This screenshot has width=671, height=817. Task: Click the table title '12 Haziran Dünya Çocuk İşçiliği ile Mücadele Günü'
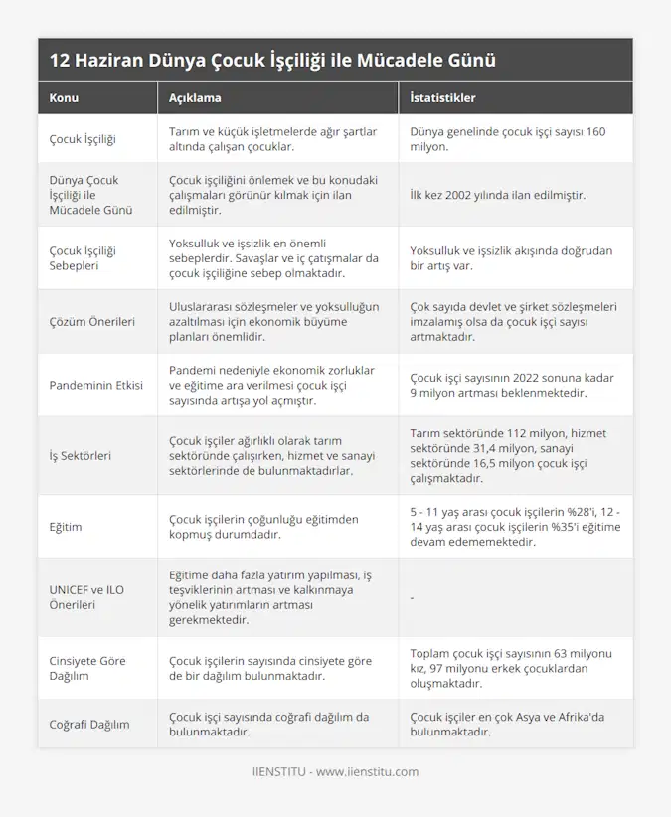[x=271, y=60]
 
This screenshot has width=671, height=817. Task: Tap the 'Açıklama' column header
[x=195, y=98]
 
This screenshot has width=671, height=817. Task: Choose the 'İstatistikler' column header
[x=442, y=98]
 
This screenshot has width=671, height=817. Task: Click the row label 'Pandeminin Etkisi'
[x=95, y=385]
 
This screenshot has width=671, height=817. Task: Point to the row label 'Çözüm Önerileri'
[x=90, y=321]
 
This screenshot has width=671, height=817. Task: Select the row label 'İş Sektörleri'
[x=80, y=455]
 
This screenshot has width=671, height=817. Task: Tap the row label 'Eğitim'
[x=67, y=526]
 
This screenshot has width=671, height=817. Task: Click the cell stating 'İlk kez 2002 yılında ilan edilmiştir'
[x=497, y=195]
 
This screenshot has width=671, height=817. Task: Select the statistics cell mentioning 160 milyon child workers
[x=507, y=138]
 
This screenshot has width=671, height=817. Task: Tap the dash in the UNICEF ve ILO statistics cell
[x=412, y=597]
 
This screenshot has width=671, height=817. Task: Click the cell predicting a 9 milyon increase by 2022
[x=511, y=385]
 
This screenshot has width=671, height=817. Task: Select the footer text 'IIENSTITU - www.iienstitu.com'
[x=335, y=771]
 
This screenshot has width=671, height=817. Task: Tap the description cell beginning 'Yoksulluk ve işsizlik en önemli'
[x=273, y=258]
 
